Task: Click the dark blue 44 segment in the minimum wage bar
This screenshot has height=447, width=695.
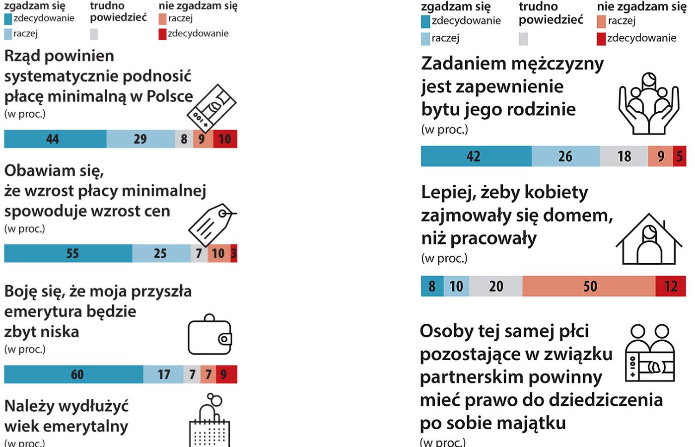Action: click(x=55, y=139)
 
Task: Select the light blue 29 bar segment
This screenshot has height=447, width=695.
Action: click(x=140, y=139)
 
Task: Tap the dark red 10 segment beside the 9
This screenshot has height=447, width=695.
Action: click(x=225, y=139)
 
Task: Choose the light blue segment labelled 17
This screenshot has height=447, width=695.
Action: click(x=163, y=374)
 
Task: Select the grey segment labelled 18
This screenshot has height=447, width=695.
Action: click(x=624, y=156)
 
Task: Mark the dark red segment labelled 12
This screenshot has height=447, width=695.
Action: click(x=671, y=286)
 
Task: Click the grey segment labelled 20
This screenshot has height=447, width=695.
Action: click(x=495, y=286)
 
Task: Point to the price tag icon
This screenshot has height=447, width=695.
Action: click(x=211, y=224)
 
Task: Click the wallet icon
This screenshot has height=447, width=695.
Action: click(x=210, y=335)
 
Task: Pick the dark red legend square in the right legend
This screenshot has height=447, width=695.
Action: click(x=601, y=39)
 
